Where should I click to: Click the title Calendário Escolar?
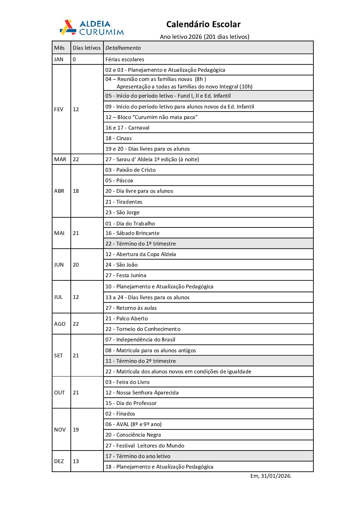(x=203, y=24)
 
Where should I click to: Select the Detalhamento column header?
(x=123, y=48)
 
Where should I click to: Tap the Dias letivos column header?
(x=87, y=48)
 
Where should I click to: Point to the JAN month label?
(x=59, y=60)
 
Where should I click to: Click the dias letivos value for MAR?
(x=76, y=159)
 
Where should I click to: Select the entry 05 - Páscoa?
(x=119, y=181)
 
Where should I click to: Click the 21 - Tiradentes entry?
(x=124, y=202)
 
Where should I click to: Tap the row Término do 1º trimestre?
(x=141, y=244)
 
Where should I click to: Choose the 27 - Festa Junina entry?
(x=126, y=275)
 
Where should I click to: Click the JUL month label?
(x=58, y=297)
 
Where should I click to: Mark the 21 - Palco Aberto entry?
(x=127, y=319)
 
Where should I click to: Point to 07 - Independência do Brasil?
(x=140, y=340)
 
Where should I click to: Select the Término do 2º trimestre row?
(x=141, y=361)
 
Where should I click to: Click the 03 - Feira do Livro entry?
(x=128, y=382)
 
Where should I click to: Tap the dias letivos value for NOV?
(x=76, y=430)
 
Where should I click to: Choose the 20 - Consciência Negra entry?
(x=133, y=435)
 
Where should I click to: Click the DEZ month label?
(x=59, y=461)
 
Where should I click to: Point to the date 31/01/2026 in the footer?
(x=276, y=476)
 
